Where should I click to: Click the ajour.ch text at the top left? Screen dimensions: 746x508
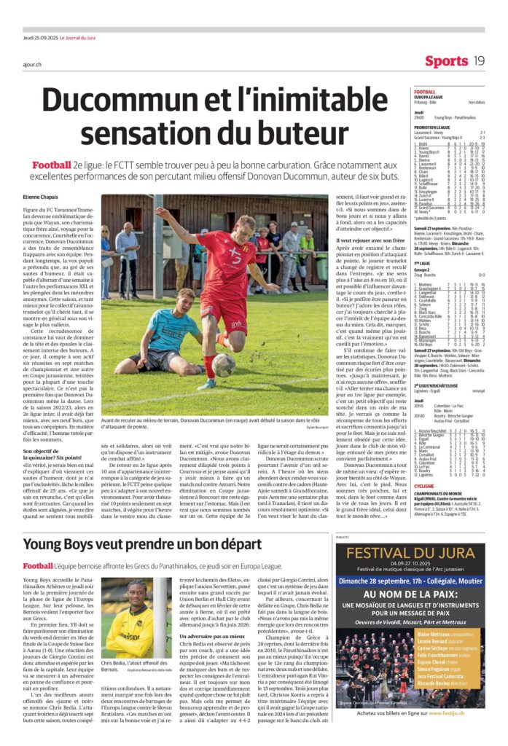(x=31, y=64)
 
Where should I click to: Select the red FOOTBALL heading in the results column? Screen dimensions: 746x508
(x=425, y=92)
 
